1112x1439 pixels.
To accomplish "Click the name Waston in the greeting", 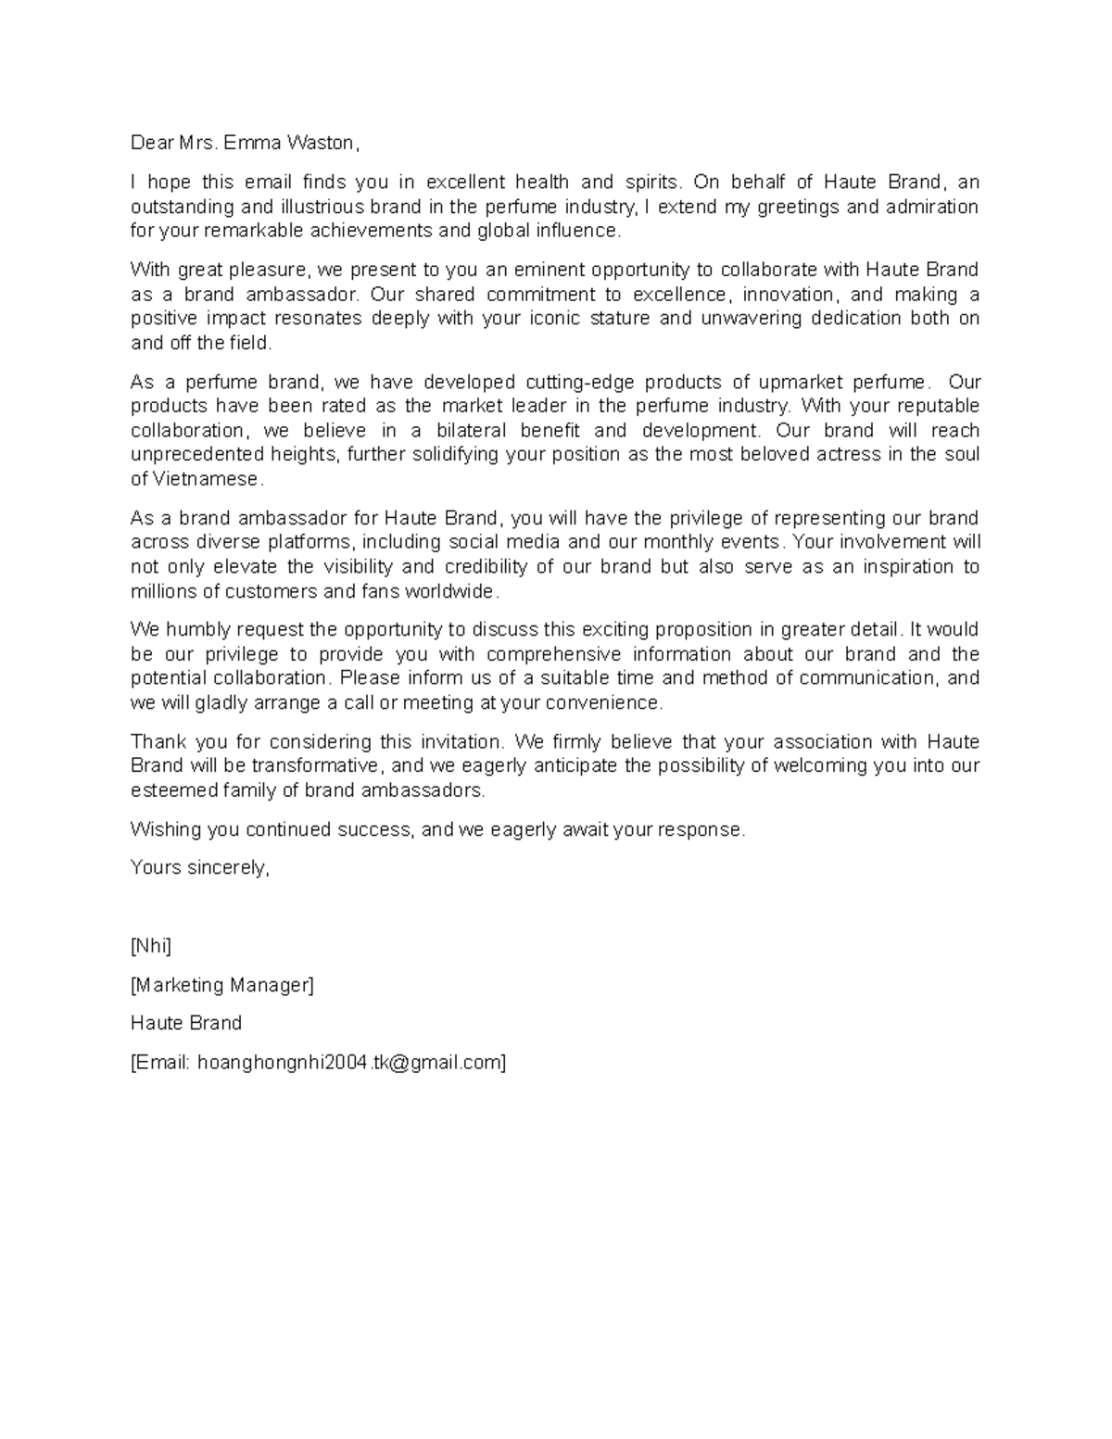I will click(x=321, y=143).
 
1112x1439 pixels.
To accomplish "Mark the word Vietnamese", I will click(x=207, y=479).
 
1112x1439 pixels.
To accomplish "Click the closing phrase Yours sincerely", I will click(x=199, y=868).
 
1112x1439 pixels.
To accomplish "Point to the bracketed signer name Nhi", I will click(x=151, y=946).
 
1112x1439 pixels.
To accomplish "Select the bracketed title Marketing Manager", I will click(x=222, y=985).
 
